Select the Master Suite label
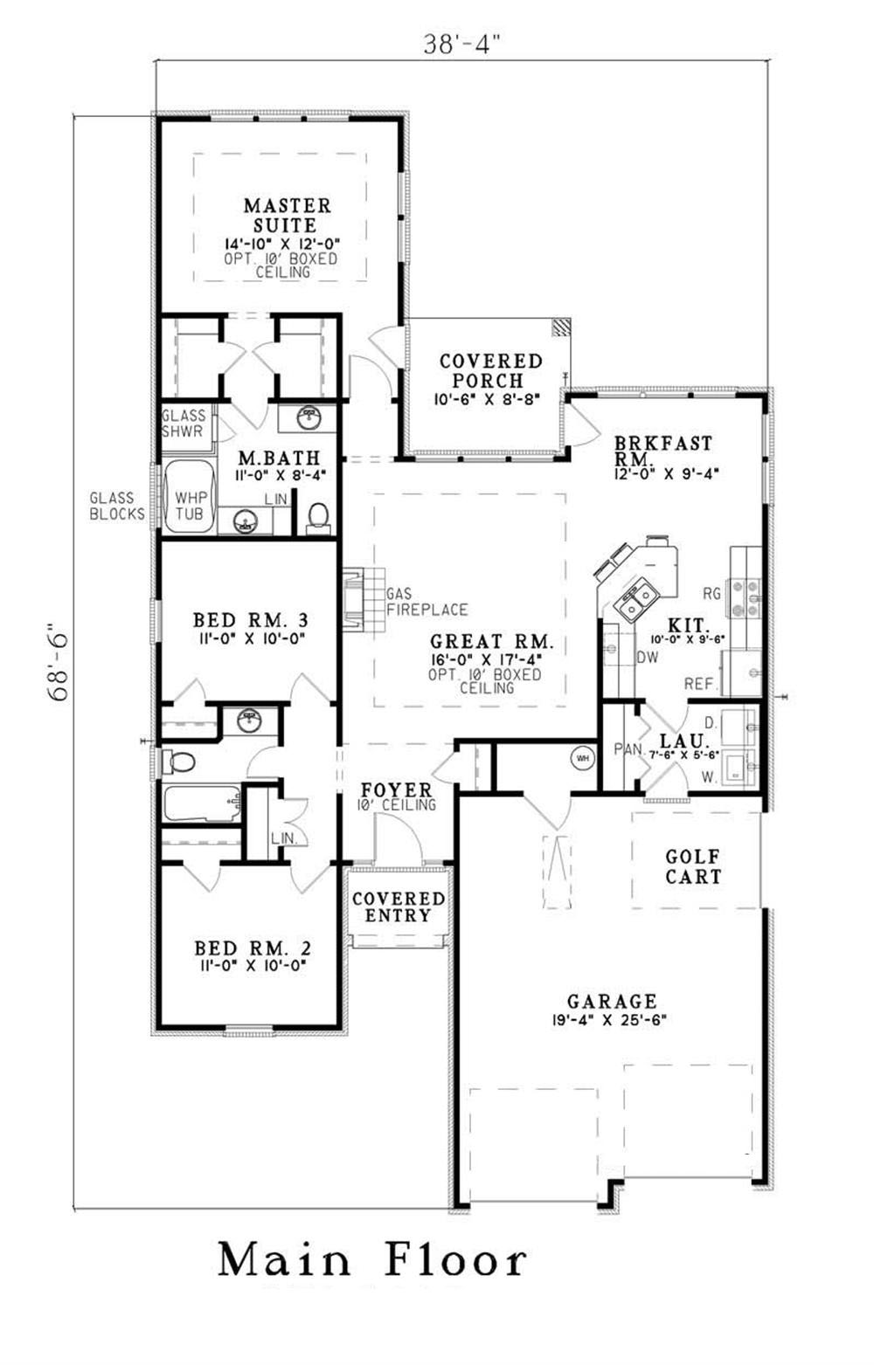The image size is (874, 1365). tap(288, 215)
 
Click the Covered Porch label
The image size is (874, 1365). tap(490, 370)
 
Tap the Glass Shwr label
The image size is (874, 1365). tap(184, 424)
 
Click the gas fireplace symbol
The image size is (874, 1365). tap(352, 599)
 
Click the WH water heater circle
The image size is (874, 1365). tap(583, 758)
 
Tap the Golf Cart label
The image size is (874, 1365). tap(694, 866)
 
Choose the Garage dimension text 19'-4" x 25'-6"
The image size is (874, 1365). tap(612, 1019)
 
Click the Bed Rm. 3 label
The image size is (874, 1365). tap(250, 620)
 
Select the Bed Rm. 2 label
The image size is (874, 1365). tap(253, 948)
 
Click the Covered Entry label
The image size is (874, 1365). tap(399, 907)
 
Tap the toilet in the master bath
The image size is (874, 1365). tap(319, 516)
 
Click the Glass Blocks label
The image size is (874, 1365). tap(117, 506)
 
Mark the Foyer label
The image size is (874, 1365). tap(396, 789)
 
